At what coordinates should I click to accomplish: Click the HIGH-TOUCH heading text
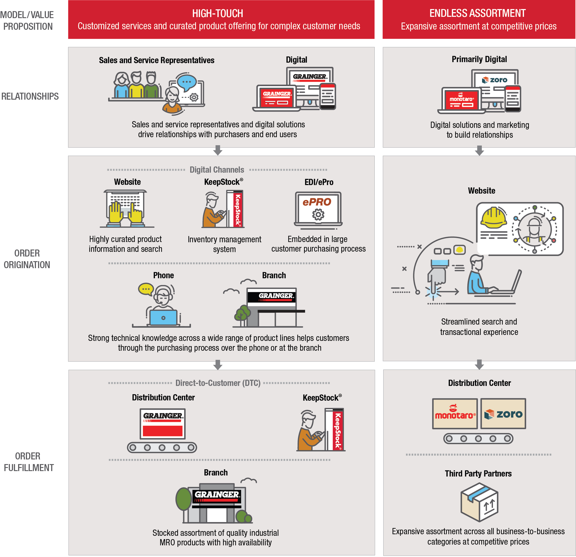point(217,13)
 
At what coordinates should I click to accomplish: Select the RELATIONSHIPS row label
point(30,96)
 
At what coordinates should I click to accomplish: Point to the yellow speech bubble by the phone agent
point(146,289)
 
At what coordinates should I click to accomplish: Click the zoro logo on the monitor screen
point(495,80)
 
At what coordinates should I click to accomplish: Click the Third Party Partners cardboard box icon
point(479,502)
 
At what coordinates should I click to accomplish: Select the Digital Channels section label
point(217,170)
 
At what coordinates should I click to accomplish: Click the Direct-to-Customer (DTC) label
point(218,383)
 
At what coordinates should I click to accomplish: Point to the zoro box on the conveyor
point(503,414)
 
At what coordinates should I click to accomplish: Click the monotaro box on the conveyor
point(455,414)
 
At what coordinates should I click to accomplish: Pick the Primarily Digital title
point(479,59)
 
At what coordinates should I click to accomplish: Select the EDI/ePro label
point(319,182)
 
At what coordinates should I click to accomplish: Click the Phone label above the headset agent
point(163,275)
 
